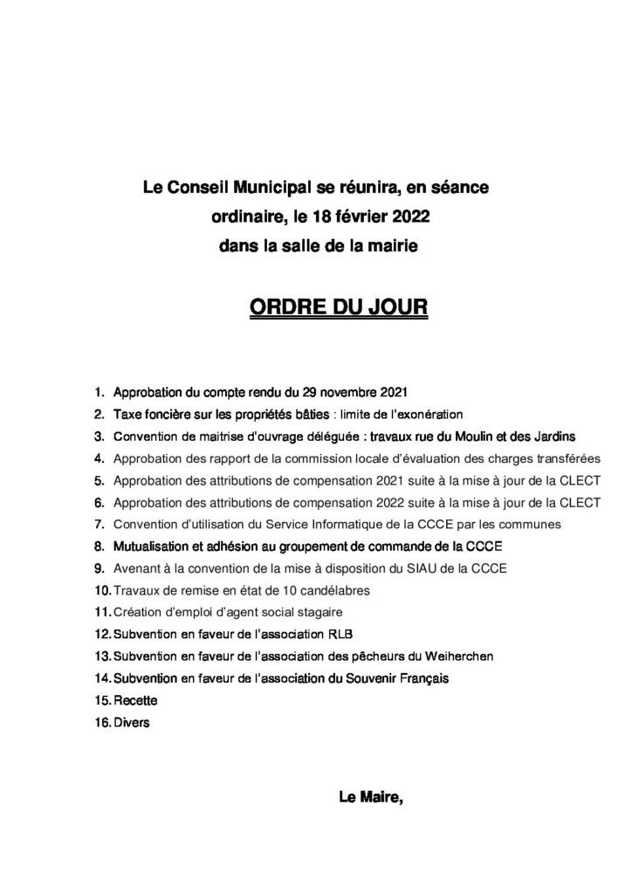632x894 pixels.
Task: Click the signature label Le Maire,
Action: tap(370, 795)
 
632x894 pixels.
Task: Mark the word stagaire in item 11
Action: tap(317, 611)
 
